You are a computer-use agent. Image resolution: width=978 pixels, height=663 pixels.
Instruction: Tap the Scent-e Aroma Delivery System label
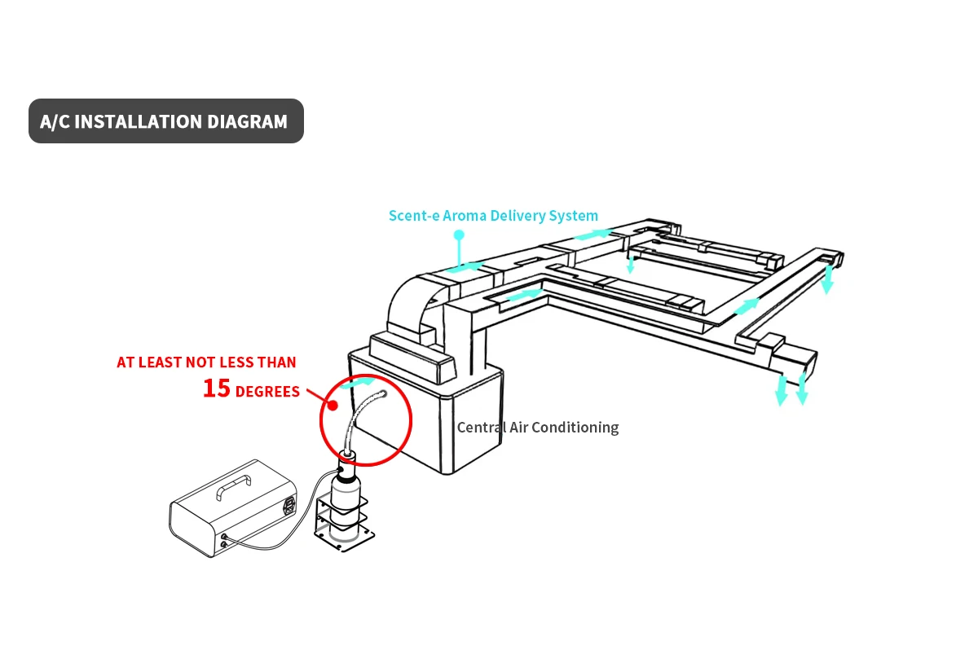[493, 216]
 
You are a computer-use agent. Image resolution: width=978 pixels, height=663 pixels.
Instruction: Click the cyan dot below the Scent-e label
[459, 235]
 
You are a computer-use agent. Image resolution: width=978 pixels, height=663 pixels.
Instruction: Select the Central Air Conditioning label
[538, 428]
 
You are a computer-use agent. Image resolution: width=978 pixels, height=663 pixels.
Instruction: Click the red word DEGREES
[268, 393]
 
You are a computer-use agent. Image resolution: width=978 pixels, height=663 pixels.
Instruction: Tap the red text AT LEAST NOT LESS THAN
[206, 362]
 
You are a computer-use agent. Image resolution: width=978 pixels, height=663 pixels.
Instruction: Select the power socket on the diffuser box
[286, 507]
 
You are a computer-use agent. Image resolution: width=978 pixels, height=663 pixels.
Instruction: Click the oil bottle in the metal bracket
[346, 498]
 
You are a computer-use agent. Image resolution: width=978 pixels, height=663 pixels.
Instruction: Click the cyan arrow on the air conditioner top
[359, 382]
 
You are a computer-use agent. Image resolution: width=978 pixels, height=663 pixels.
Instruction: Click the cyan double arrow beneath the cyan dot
[465, 266]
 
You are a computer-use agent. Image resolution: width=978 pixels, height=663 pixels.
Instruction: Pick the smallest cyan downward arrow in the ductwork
[630, 264]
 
